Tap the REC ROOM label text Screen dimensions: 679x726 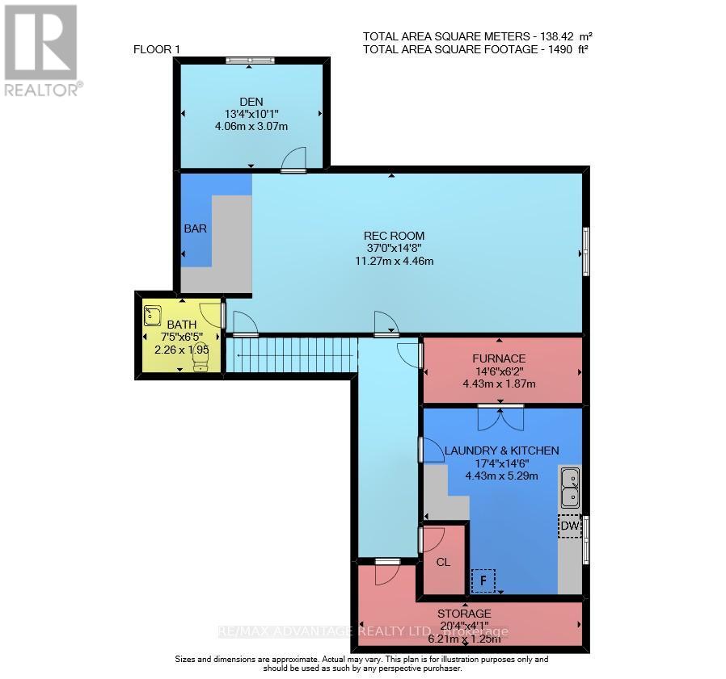point(394,236)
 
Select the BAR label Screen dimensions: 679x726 point(195,228)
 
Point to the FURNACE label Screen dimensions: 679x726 point(499,358)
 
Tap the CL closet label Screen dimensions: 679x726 point(442,563)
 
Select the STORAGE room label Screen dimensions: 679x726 point(465,614)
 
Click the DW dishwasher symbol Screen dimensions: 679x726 point(570,526)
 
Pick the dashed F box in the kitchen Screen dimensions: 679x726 point(483,580)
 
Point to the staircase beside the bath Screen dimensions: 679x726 point(291,355)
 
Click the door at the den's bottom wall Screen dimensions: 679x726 point(294,161)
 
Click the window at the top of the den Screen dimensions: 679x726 point(250,59)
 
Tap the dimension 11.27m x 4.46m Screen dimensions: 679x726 point(394,261)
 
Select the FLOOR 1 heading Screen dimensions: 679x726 point(157,50)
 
